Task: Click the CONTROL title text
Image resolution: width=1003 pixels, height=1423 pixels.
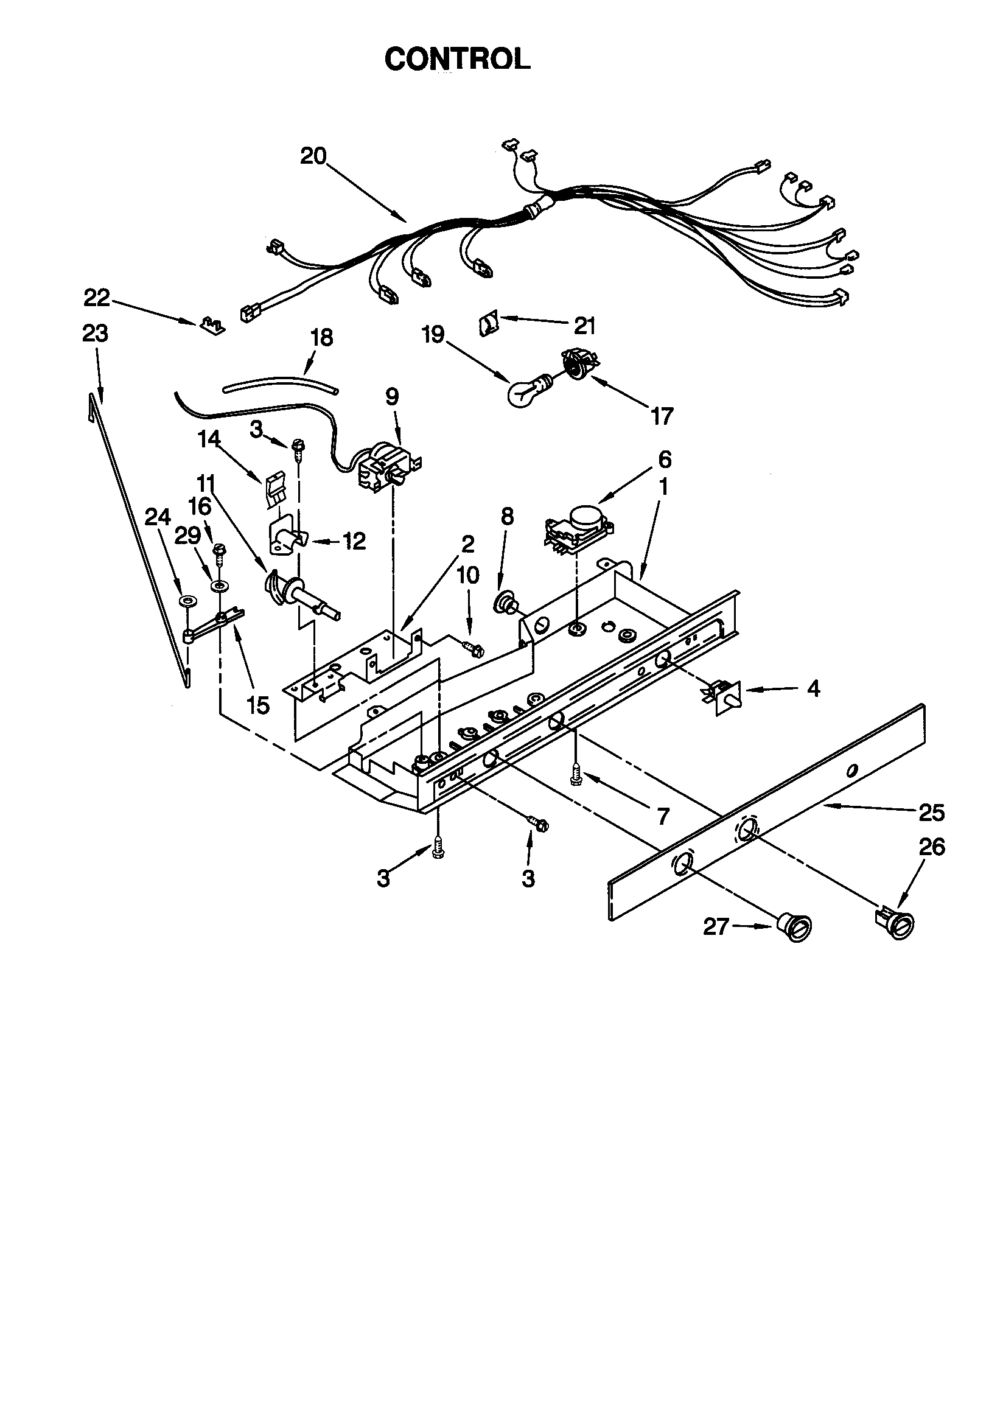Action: click(x=457, y=59)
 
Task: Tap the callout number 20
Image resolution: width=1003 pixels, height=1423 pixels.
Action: click(x=313, y=156)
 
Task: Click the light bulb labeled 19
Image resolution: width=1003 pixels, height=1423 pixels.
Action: click(x=526, y=391)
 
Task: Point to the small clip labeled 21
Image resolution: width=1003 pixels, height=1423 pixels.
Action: click(x=488, y=324)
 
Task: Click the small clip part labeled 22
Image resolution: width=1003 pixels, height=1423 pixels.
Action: click(x=211, y=325)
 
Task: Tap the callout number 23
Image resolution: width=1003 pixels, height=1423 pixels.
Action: click(x=95, y=334)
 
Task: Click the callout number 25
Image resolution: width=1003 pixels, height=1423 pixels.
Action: click(x=931, y=812)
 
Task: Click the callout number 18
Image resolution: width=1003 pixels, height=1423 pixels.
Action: click(x=321, y=338)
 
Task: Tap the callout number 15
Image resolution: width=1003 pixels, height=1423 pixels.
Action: click(x=258, y=705)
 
